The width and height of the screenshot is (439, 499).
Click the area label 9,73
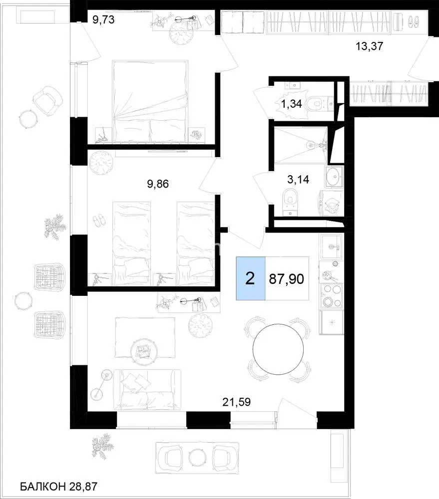pos(103,20)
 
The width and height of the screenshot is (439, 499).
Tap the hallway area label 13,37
pos(369,46)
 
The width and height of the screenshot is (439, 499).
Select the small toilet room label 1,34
pos(292,104)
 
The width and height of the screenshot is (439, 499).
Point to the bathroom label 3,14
pos(298,180)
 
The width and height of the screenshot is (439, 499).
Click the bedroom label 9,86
pos(158,184)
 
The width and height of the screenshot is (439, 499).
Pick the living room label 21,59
pos(236,402)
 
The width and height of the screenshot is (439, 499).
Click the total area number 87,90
pos(286,279)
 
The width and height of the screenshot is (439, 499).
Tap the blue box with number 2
pos(250,278)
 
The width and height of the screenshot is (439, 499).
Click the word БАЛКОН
pos(43,486)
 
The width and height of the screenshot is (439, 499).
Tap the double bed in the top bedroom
pos(150,101)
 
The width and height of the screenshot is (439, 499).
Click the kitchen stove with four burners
pos(332,296)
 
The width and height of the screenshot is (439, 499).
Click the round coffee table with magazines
pos(144,351)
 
